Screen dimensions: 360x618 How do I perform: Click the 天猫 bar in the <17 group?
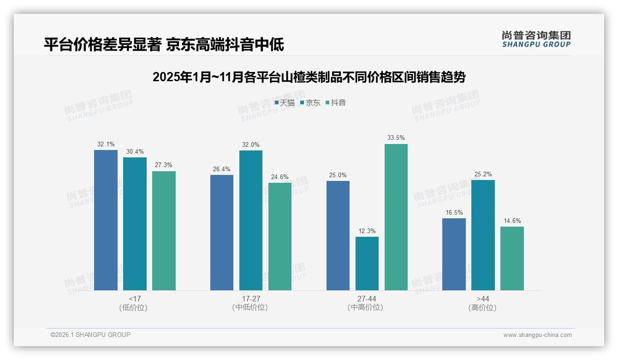click(x=106, y=220)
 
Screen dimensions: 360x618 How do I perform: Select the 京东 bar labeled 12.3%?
click(x=367, y=264)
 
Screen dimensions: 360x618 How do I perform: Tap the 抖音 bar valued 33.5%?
click(x=396, y=217)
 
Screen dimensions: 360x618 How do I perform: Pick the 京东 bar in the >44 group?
click(x=483, y=235)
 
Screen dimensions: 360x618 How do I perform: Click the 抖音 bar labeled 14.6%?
click(x=512, y=258)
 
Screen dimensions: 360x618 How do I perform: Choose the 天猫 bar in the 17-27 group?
click(x=222, y=233)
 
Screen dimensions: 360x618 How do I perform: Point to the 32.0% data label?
click(x=251, y=145)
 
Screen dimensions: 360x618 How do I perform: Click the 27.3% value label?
click(x=164, y=165)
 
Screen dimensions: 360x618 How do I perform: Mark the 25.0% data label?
click(x=338, y=175)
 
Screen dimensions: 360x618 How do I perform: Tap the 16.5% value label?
click(x=454, y=213)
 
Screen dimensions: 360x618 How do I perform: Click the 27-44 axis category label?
click(x=367, y=299)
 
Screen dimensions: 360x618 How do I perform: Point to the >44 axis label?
click(x=483, y=299)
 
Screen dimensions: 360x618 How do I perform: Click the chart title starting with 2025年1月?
click(x=309, y=77)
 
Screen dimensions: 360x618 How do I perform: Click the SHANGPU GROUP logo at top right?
click(x=536, y=39)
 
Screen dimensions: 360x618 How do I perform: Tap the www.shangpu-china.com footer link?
click(x=537, y=335)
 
